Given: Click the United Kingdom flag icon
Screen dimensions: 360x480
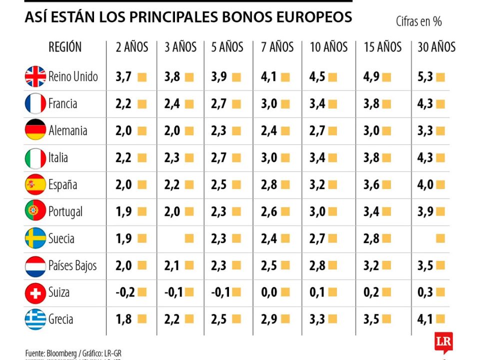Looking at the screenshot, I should (35, 77).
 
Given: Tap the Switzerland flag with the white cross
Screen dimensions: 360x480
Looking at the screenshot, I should (35, 293).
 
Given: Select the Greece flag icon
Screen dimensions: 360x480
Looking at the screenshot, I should (35, 319).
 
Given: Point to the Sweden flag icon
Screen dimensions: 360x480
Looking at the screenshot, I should (35, 238).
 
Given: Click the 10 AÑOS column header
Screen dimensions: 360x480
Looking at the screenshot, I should (328, 47).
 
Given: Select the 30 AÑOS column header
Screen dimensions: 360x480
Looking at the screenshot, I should (436, 47).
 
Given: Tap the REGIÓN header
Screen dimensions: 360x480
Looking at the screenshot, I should (65, 47).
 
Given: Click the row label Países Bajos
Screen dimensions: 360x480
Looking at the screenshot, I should (72, 265).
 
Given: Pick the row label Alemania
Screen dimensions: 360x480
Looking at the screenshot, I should (67, 131).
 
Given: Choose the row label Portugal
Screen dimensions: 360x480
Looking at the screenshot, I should (65, 212).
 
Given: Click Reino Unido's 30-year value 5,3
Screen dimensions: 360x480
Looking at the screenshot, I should (425, 77).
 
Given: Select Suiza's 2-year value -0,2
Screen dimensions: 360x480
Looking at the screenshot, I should (125, 292).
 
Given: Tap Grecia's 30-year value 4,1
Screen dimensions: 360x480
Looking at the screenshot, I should (425, 319).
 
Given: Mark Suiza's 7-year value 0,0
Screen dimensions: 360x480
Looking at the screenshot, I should (269, 292).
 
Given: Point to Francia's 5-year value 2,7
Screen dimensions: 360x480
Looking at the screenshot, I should (219, 104).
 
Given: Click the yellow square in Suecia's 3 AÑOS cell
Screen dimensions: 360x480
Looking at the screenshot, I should (189, 238).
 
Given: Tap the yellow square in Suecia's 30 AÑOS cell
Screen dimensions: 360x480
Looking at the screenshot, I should (440, 238).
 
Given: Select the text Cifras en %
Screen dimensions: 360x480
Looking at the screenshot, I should (418, 21).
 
